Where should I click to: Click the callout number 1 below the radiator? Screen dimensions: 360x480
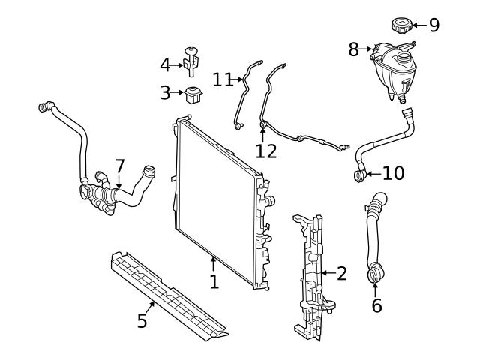[214, 282]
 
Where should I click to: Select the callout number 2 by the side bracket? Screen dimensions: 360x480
[341, 273]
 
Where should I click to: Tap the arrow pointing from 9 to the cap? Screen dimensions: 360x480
[418, 25]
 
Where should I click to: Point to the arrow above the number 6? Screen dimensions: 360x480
[376, 289]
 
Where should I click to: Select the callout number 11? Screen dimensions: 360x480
[223, 79]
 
